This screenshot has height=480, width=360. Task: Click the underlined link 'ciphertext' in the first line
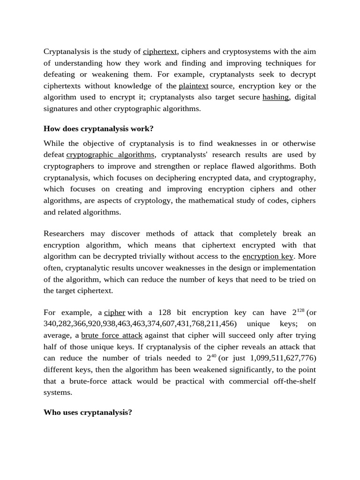pos(160,52)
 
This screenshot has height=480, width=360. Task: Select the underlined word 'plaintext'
pos(193,86)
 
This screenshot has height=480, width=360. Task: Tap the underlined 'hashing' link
pos(276,97)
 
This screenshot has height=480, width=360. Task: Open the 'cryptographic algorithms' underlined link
pos(110,155)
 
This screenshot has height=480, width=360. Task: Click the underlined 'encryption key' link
pos(268,256)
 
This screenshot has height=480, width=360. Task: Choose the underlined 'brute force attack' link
pos(112,336)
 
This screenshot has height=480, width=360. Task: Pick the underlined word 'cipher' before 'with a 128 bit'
pos(114,313)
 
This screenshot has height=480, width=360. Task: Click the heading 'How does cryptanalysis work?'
pos(98,128)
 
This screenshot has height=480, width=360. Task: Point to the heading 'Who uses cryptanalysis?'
pos(88,412)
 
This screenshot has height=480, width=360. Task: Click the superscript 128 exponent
pos(300,310)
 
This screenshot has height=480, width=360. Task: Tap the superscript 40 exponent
pos(213,356)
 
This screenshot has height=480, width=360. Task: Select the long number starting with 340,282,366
pos(141,324)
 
